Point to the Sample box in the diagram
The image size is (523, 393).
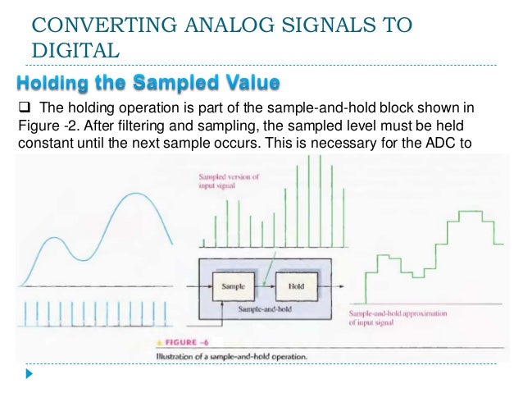(x=234, y=287)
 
